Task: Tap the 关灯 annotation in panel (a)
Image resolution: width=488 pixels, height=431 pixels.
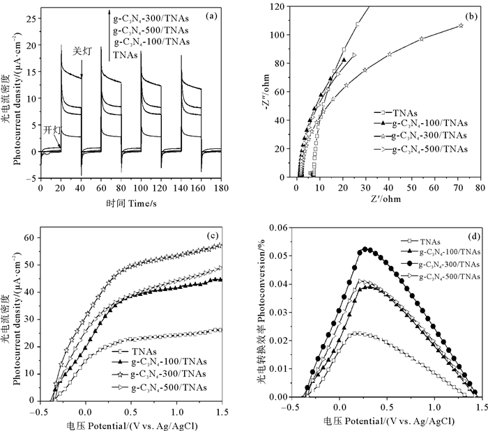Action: tap(82, 51)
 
